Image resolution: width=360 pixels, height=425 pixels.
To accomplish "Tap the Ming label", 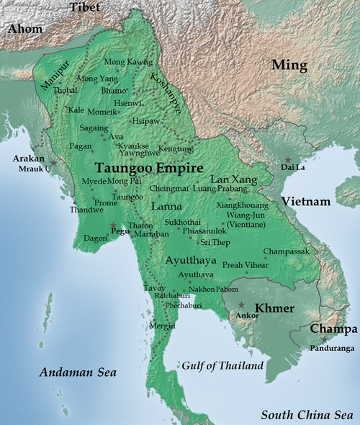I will pos(289,66).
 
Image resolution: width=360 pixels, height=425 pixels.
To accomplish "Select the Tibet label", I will pos(85,7).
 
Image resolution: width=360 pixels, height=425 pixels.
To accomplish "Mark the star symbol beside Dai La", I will pos(288,159).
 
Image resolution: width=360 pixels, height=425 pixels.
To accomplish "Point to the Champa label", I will pos(333,329).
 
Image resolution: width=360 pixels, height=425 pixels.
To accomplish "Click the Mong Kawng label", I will pos(129,63).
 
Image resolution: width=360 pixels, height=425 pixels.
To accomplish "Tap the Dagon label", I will pos(96,237).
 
